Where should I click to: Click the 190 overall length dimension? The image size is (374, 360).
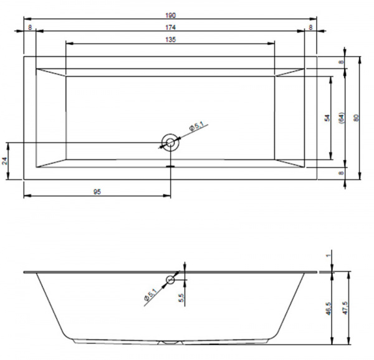(171, 16)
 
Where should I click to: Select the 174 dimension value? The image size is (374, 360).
(171, 27)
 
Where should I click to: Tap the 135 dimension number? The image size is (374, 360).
(171, 39)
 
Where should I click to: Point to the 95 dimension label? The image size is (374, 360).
(97, 192)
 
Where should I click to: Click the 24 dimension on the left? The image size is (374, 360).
(5, 161)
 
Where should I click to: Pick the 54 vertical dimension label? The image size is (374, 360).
(327, 118)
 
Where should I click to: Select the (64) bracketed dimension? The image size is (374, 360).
(342, 118)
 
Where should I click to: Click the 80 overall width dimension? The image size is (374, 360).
(356, 118)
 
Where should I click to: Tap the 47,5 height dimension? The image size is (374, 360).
(345, 308)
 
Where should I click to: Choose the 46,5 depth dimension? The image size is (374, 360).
(328, 308)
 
